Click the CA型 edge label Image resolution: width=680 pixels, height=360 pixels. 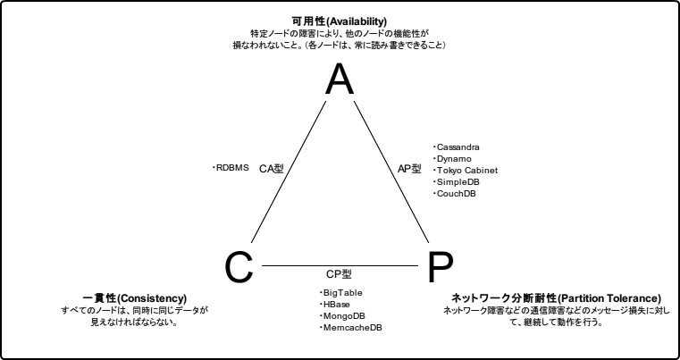[x=271, y=168]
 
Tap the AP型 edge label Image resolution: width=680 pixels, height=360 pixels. [x=408, y=168]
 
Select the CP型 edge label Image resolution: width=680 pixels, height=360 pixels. [x=340, y=275]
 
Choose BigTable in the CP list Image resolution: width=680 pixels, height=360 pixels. [x=342, y=293]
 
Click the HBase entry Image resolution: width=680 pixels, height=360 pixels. [x=337, y=305]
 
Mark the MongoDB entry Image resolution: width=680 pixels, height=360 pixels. [x=343, y=316]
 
